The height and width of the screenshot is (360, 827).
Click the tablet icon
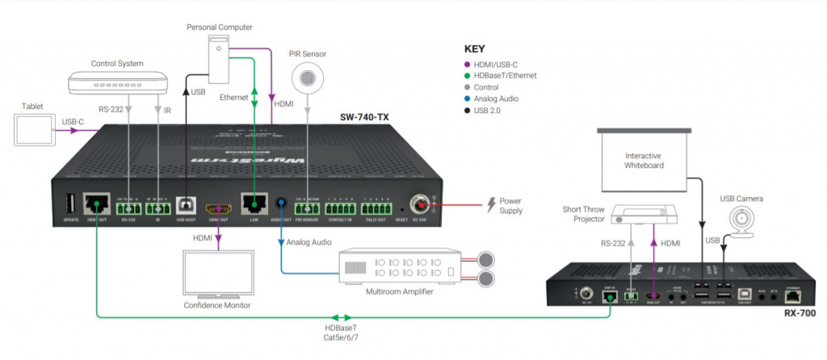coord(32,128)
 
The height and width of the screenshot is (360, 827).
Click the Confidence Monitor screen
coord(216,274)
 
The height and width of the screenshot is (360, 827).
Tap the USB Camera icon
coord(742,220)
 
